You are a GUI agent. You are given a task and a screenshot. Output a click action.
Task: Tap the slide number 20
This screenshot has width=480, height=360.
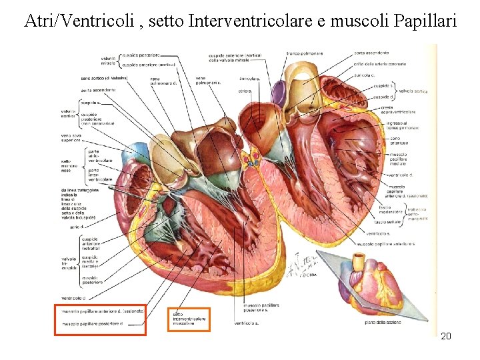pyautogui.click(x=446, y=336)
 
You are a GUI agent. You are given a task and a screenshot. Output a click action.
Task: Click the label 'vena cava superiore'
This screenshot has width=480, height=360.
pyautogui.click(x=71, y=138)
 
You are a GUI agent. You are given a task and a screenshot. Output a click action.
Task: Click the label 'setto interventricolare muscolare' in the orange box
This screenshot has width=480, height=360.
pyautogui.click(x=187, y=319)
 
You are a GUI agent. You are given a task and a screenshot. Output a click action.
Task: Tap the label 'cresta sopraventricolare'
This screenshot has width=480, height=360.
pyautogui.click(x=399, y=109)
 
